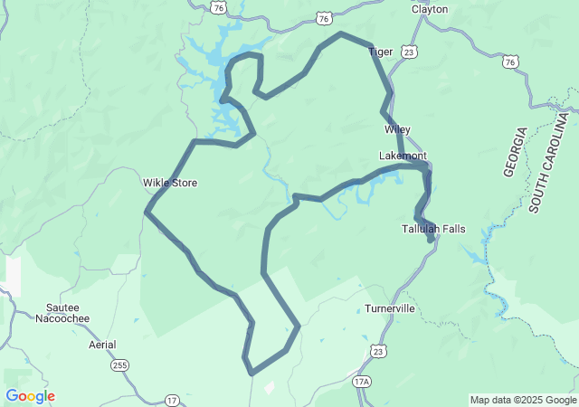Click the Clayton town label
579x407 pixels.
(x=430, y=9)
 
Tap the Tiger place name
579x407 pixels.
(x=381, y=52)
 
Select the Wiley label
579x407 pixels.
(x=397, y=129)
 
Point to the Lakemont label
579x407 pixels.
(x=402, y=156)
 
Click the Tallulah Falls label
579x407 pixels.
(x=433, y=229)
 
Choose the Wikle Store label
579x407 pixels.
(x=169, y=183)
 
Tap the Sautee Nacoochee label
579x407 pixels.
(x=68, y=313)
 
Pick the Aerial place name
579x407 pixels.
(x=102, y=345)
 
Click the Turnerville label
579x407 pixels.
(x=390, y=308)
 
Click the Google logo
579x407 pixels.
(x=30, y=396)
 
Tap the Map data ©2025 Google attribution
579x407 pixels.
(x=523, y=400)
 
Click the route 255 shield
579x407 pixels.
(x=120, y=365)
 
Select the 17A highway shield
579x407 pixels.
(x=362, y=382)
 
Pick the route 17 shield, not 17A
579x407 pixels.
(x=172, y=399)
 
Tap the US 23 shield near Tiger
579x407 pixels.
(x=410, y=53)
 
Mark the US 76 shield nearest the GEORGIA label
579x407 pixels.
(x=511, y=62)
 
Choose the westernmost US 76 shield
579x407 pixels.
(x=219, y=7)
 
